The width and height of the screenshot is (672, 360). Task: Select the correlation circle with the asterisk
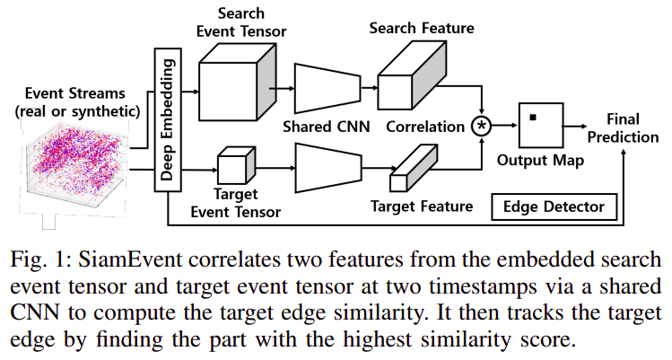point(483,126)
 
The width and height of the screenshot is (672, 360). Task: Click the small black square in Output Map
point(533,118)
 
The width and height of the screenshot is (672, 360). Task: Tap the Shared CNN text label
point(325,127)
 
